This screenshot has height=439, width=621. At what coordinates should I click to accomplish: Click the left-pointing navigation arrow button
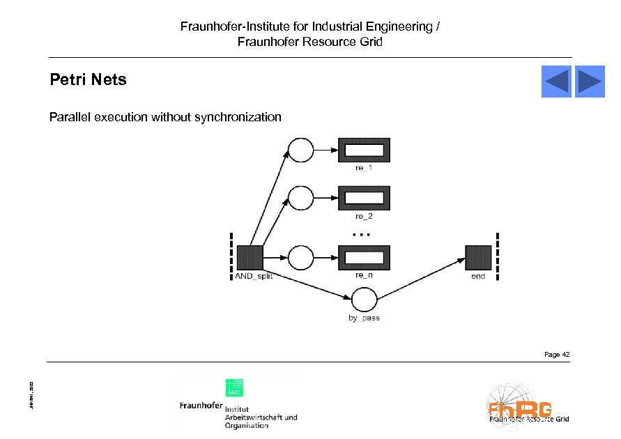[x=556, y=82]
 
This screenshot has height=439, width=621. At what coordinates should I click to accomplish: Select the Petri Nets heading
[x=88, y=79]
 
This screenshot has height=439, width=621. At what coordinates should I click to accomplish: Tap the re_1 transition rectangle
[x=364, y=150]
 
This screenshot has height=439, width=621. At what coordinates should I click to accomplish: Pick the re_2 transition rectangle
[x=364, y=198]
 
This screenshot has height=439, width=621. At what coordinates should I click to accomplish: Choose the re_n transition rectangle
[x=364, y=258]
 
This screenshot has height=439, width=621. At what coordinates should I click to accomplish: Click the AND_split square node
[x=249, y=258]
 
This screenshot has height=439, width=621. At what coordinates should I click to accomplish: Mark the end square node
[x=478, y=258]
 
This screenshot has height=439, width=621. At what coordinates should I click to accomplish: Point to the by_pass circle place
[x=364, y=300]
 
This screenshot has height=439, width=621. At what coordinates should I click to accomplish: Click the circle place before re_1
[x=301, y=149]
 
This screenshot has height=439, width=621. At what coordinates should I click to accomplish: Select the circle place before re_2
[x=301, y=198]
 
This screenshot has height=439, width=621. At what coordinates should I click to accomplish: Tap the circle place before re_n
[x=301, y=258]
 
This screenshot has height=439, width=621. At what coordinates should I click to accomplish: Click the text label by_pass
[x=364, y=318]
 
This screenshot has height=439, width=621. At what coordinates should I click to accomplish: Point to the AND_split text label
[x=253, y=277]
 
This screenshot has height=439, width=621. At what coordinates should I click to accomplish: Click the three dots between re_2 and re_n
[x=362, y=235]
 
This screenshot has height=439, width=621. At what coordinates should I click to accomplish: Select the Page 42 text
[x=557, y=355]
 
